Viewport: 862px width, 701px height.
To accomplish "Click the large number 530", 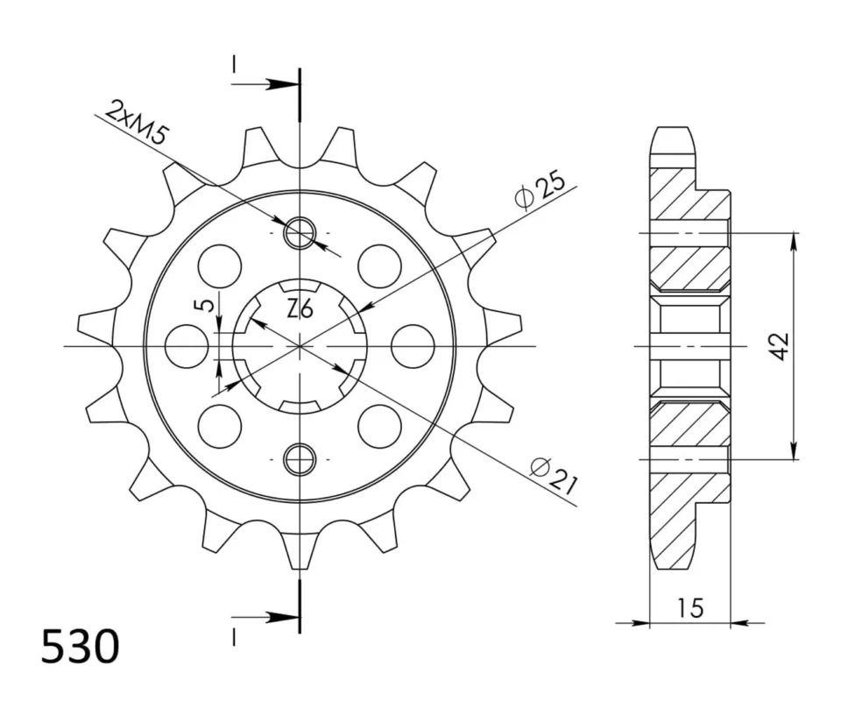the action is click(81, 646).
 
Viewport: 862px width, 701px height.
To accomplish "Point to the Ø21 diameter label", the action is click(554, 473).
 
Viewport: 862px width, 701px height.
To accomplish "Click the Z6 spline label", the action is click(300, 311).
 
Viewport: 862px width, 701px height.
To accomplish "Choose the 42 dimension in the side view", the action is click(780, 346).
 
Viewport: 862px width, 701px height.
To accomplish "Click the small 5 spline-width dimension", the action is click(205, 305).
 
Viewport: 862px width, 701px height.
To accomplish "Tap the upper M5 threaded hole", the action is click(300, 233).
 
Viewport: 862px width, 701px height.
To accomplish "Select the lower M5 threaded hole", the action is click(300, 458).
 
